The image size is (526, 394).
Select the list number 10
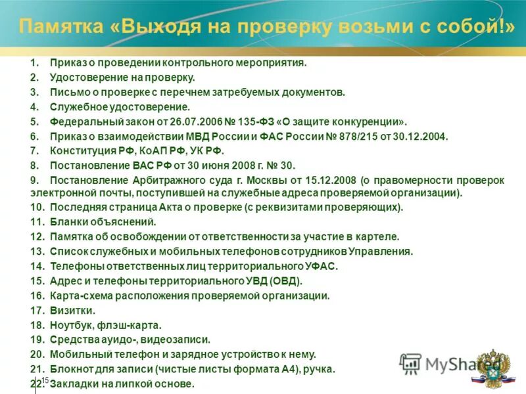point(36,207)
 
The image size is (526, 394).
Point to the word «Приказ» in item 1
point(66,63)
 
